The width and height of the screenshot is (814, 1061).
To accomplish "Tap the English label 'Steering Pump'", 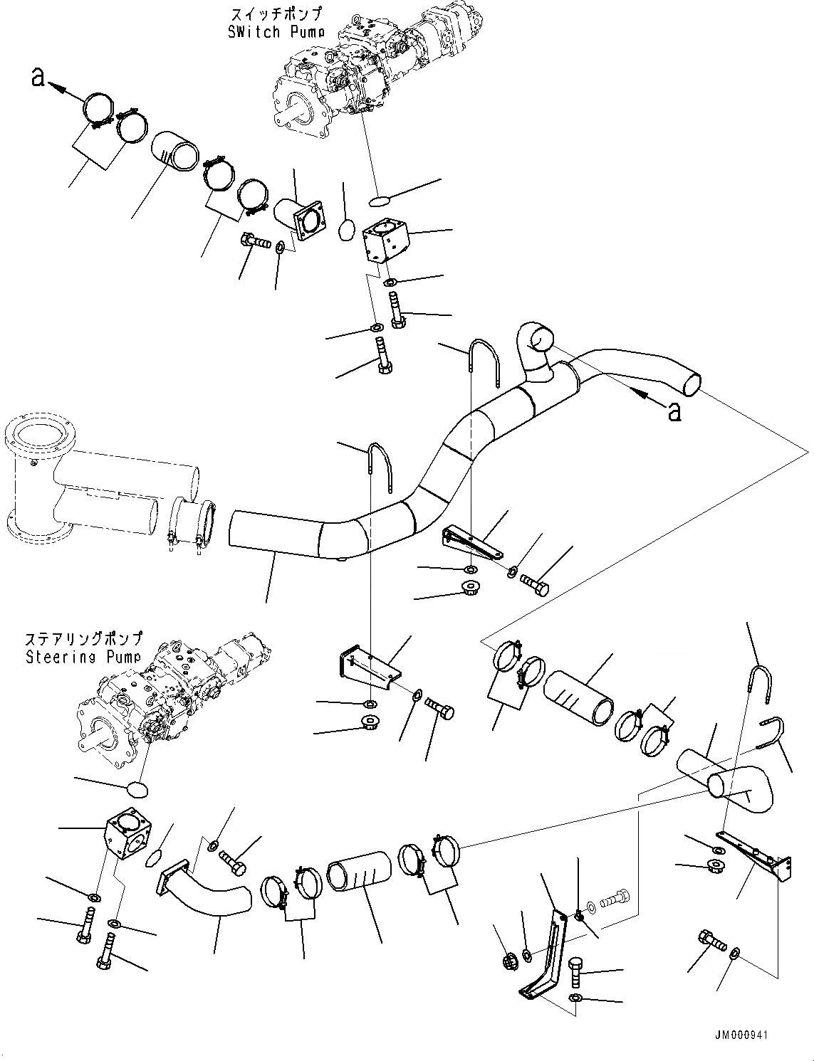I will [83, 657].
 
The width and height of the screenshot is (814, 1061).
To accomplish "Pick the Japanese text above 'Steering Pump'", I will [83, 638].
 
